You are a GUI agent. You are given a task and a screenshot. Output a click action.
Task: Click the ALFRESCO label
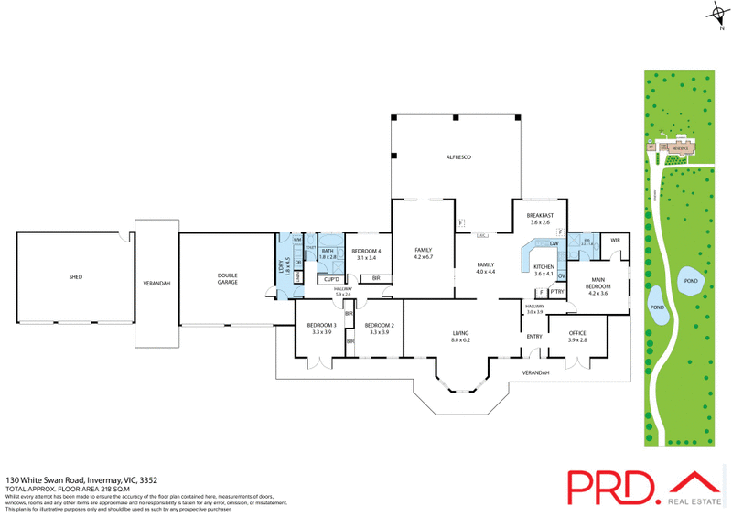point(457,159)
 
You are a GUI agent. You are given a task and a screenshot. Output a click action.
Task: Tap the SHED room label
point(75,276)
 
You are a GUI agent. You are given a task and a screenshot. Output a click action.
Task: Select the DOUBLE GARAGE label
point(227,279)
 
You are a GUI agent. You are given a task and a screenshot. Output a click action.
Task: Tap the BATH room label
point(328,254)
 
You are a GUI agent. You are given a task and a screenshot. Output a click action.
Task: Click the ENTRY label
point(534,336)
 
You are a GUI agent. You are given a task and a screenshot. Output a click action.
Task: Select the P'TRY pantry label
point(556,292)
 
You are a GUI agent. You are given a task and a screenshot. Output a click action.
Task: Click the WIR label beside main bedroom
point(615,241)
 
